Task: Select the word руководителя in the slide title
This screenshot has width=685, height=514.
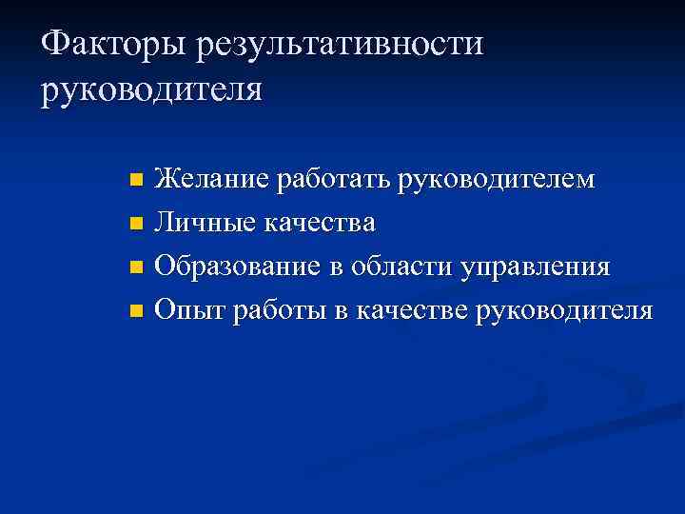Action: click(151, 91)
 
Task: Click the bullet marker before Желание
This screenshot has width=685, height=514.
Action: click(136, 180)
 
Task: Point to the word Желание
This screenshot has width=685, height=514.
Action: click(211, 179)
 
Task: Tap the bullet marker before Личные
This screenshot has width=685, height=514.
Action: click(136, 224)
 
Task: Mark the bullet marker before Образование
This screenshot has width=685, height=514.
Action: click(136, 267)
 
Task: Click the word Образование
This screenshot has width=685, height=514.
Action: click(237, 267)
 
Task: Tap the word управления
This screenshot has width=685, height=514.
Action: click(535, 267)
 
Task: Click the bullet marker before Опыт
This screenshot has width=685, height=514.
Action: click(136, 311)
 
